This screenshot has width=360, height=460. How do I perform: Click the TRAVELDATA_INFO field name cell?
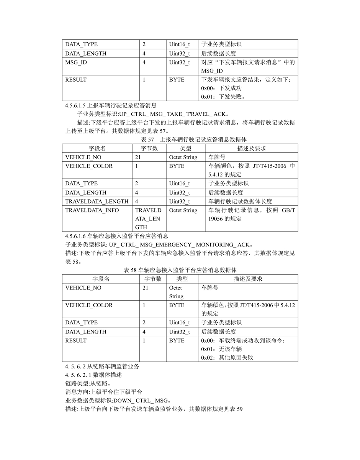click(x=92, y=210)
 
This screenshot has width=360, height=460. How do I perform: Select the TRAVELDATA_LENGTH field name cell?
click(x=97, y=201)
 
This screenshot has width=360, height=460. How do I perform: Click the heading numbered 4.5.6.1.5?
click(x=111, y=105)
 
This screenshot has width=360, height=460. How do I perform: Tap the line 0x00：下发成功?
click(x=221, y=88)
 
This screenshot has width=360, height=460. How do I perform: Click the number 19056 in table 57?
click(x=217, y=219)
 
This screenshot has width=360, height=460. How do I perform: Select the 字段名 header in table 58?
click(x=101, y=279)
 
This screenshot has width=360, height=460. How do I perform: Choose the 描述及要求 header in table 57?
click(x=252, y=148)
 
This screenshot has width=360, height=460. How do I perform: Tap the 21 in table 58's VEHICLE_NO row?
click(x=146, y=288)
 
